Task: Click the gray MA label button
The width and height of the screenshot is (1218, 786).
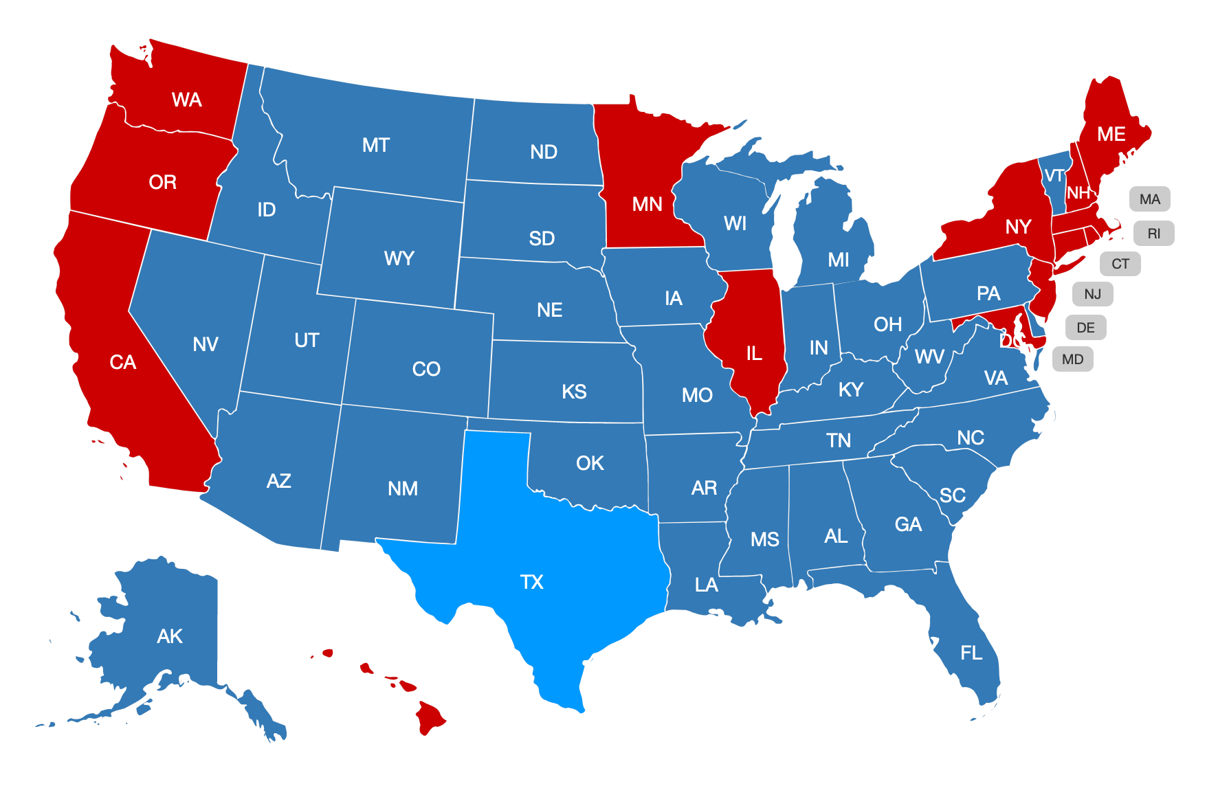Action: (1149, 199)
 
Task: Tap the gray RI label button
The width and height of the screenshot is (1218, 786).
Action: (1153, 234)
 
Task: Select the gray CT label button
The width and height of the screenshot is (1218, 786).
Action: (1120, 264)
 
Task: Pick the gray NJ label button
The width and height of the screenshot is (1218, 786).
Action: (1092, 294)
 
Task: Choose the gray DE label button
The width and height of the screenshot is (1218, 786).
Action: (1085, 328)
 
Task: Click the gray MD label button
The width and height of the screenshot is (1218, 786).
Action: (1072, 359)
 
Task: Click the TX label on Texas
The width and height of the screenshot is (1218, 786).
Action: (531, 582)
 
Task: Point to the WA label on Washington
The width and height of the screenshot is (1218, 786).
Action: (186, 100)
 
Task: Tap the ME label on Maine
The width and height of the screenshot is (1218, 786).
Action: (1111, 134)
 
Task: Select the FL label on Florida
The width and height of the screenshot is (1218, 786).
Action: (971, 652)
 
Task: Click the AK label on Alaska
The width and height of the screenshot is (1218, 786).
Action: (170, 636)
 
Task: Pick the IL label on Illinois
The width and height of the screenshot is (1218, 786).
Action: (754, 353)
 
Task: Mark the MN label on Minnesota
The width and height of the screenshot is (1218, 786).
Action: (647, 204)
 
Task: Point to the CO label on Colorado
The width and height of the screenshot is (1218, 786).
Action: (426, 369)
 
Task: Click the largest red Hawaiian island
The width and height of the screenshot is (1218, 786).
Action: (430, 718)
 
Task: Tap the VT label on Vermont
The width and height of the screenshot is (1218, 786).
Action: (1054, 175)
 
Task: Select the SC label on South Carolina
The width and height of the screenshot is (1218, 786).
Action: (952, 495)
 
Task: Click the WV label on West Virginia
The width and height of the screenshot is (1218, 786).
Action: (929, 357)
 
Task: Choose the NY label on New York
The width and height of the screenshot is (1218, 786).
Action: (1018, 227)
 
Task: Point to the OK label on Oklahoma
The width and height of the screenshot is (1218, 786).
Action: (590, 463)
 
